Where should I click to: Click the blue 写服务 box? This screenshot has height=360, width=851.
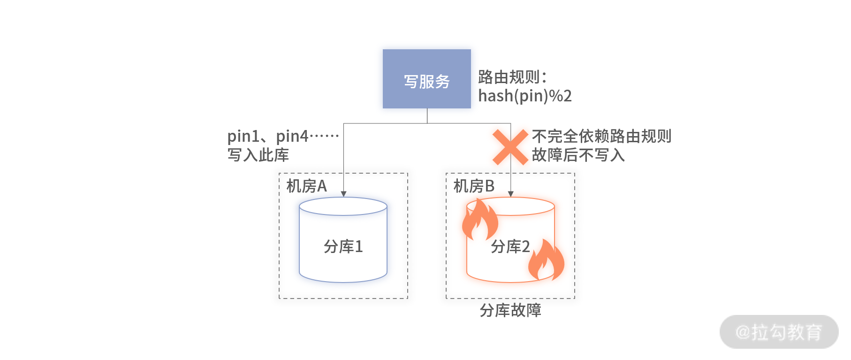pos(427,79)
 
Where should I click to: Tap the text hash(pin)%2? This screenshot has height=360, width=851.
pos(525,96)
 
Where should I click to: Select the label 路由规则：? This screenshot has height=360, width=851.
pos(513,77)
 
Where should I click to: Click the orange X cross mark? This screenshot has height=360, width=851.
pos(510,147)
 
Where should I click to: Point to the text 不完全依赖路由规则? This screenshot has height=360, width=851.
pos(602,136)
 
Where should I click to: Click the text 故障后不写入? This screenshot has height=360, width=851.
pos(578,155)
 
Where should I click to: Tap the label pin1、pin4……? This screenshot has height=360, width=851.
pos(283,136)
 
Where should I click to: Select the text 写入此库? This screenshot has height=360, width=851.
pos(258,155)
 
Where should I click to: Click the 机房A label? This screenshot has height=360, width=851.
pos(307,186)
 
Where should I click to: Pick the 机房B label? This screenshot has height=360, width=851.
pos(474,186)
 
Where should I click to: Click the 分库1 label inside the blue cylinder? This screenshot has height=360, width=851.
pos(343,246)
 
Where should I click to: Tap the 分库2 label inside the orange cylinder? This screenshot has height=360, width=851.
pos(510,246)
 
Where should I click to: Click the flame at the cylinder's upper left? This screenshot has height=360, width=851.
pos(479,220)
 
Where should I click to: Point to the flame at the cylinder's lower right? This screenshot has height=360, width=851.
pos(546,260)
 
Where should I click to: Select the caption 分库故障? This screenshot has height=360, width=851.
pos(510,310)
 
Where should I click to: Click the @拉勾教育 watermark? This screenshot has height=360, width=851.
pos(779,332)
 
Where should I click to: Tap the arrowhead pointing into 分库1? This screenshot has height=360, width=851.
pos(343,194)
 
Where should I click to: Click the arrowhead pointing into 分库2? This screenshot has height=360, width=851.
pos(511,194)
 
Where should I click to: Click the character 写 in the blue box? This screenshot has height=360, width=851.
pos(411,82)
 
